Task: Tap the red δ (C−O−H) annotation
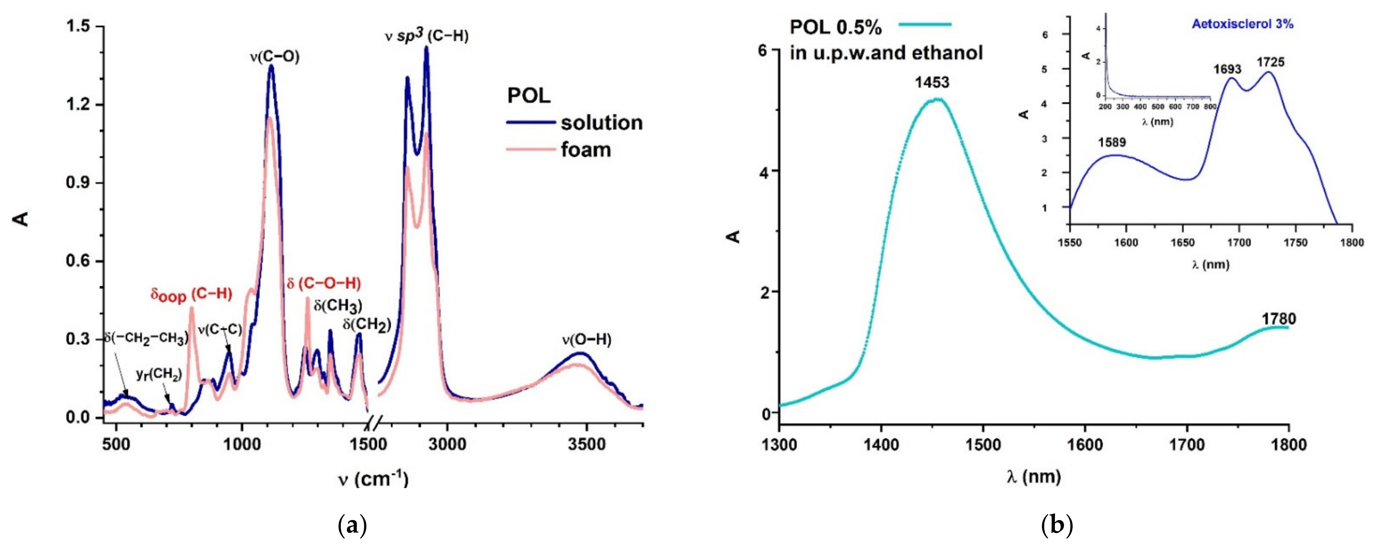(323, 284)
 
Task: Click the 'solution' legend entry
(601, 123)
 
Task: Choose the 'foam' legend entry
(586, 150)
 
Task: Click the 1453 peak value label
(932, 82)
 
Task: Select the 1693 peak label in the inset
(1227, 69)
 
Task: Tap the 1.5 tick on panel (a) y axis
(77, 26)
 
